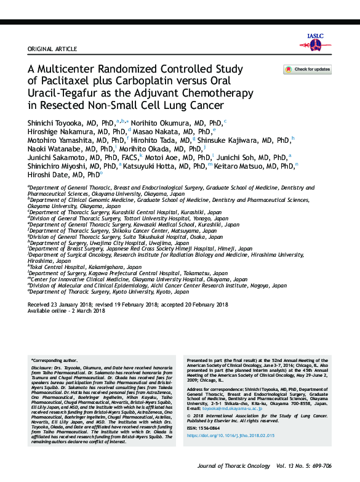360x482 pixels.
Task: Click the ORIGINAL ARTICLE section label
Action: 52,49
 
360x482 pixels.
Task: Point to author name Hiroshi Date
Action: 50,175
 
